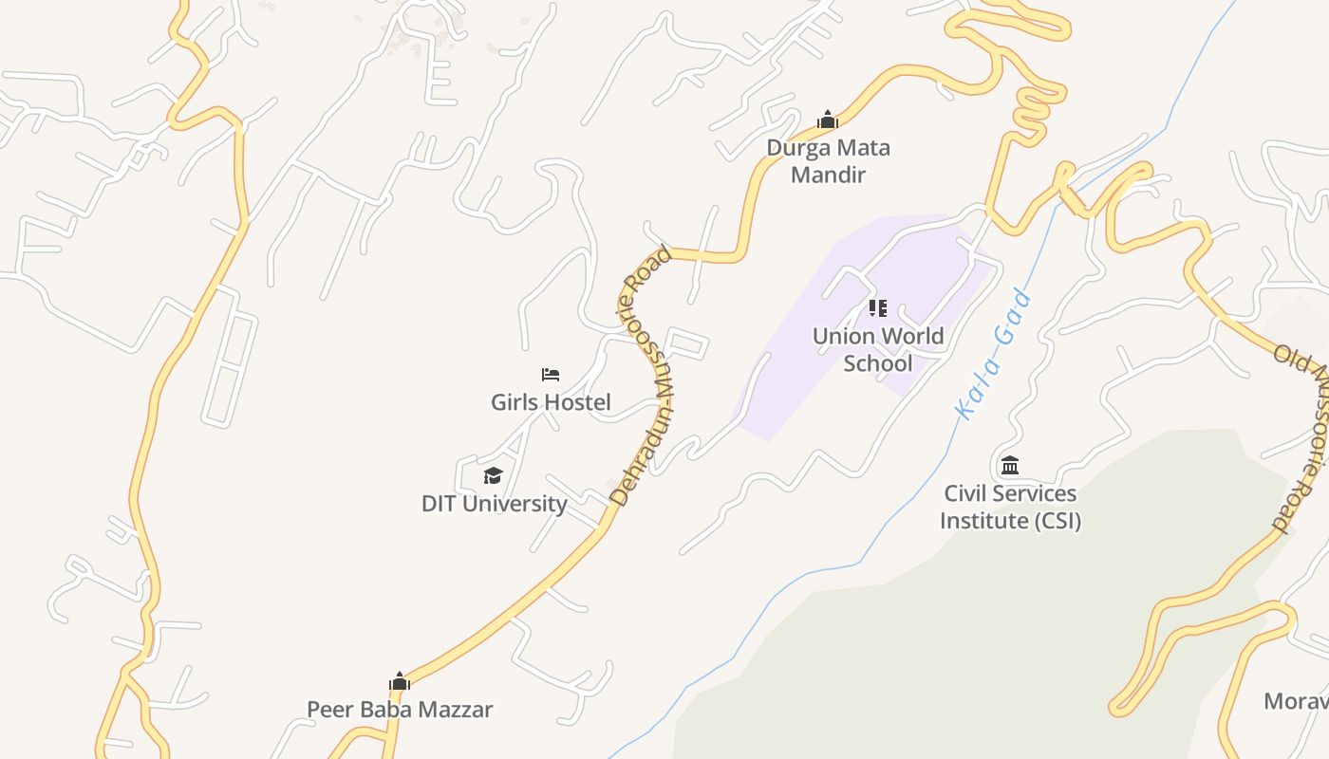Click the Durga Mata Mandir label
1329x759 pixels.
click(x=828, y=161)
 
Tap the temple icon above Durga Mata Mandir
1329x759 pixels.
click(x=828, y=120)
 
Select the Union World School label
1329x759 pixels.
click(x=878, y=349)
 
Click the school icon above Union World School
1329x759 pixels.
click(x=878, y=308)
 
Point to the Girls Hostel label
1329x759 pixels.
click(x=551, y=402)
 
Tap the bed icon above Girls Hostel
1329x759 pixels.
click(x=551, y=375)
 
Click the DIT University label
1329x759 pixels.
click(x=494, y=504)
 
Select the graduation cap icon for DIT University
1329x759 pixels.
click(x=493, y=475)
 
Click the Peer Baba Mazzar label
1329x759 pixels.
click(x=400, y=710)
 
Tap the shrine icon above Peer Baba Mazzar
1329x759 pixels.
click(x=400, y=681)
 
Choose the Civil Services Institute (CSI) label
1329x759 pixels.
click(x=1010, y=507)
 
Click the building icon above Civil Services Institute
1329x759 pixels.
click(x=1010, y=466)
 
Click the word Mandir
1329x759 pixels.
click(x=829, y=175)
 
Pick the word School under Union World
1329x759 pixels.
click(x=878, y=363)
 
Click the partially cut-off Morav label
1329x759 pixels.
click(x=1296, y=701)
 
